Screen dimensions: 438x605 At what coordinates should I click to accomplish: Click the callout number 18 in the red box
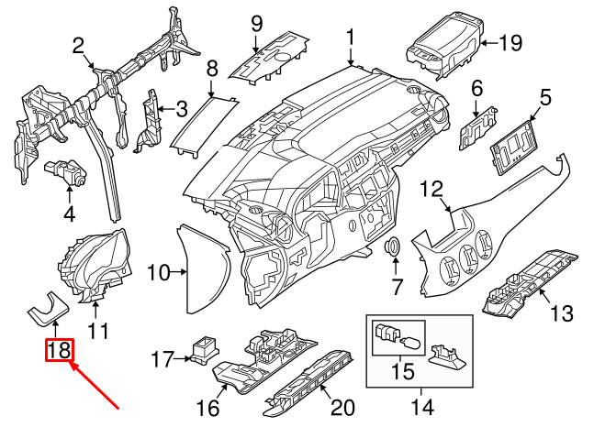coord(58,350)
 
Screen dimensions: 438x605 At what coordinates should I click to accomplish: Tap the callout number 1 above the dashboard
coord(351,38)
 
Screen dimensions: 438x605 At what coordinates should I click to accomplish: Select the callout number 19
coord(510,41)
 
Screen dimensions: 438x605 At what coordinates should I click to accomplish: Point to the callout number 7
coord(397,288)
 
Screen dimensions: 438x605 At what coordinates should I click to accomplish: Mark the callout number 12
coord(431,190)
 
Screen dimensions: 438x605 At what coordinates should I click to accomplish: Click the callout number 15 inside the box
coord(402,374)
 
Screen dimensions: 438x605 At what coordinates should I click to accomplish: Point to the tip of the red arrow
coord(71,365)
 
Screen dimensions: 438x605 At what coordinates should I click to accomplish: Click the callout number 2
coord(78,45)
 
